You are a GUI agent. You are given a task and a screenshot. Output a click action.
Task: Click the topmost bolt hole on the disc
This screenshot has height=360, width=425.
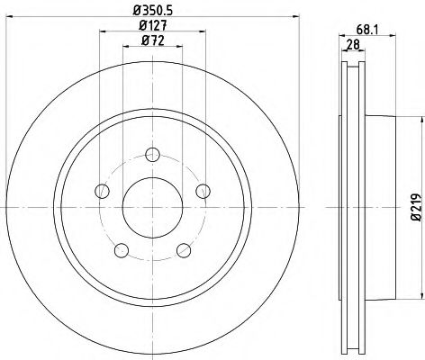152,154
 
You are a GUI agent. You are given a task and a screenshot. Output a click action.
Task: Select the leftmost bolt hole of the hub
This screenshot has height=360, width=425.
103,191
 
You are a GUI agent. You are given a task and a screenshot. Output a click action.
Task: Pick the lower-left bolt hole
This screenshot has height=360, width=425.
122,249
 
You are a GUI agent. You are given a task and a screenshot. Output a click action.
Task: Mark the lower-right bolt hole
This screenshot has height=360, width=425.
184,249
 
